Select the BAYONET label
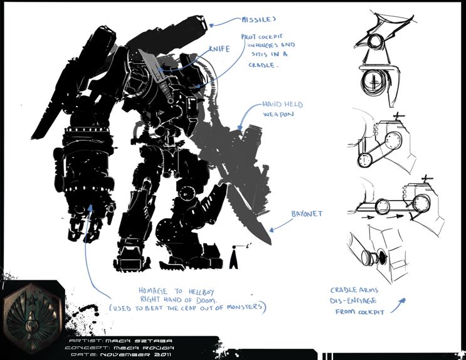tap(307, 214)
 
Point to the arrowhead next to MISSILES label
tap(212, 25)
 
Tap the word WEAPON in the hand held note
tap(279, 115)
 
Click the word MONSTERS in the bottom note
tap(241, 307)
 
